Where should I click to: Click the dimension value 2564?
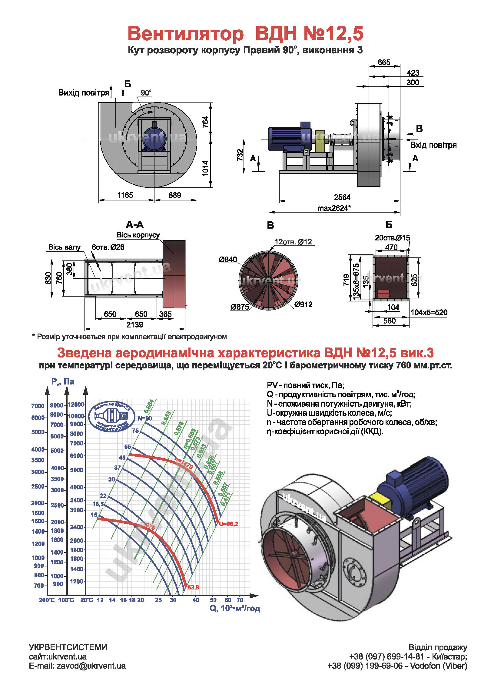coord(342,197)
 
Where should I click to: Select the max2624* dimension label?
coord(334,208)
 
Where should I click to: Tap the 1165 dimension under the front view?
coord(125,195)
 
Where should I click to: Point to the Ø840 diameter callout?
coord(228,260)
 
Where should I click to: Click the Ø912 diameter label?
coord(303,304)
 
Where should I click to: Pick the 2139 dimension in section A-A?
coord(134,324)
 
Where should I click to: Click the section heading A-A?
coord(135,225)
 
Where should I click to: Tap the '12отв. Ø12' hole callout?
coord(293,242)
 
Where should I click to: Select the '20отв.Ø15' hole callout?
coord(392,238)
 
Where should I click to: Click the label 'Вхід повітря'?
coord(433,145)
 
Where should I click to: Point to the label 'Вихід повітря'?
coord(84,92)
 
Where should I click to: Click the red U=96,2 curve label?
coord(228,524)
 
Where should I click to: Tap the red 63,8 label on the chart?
coord(193,587)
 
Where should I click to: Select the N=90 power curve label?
coord(145,418)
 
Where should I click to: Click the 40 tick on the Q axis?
coord(196,600)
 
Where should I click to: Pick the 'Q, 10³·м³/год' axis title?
coord(234,609)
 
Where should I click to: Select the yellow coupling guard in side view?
coord(320,141)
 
